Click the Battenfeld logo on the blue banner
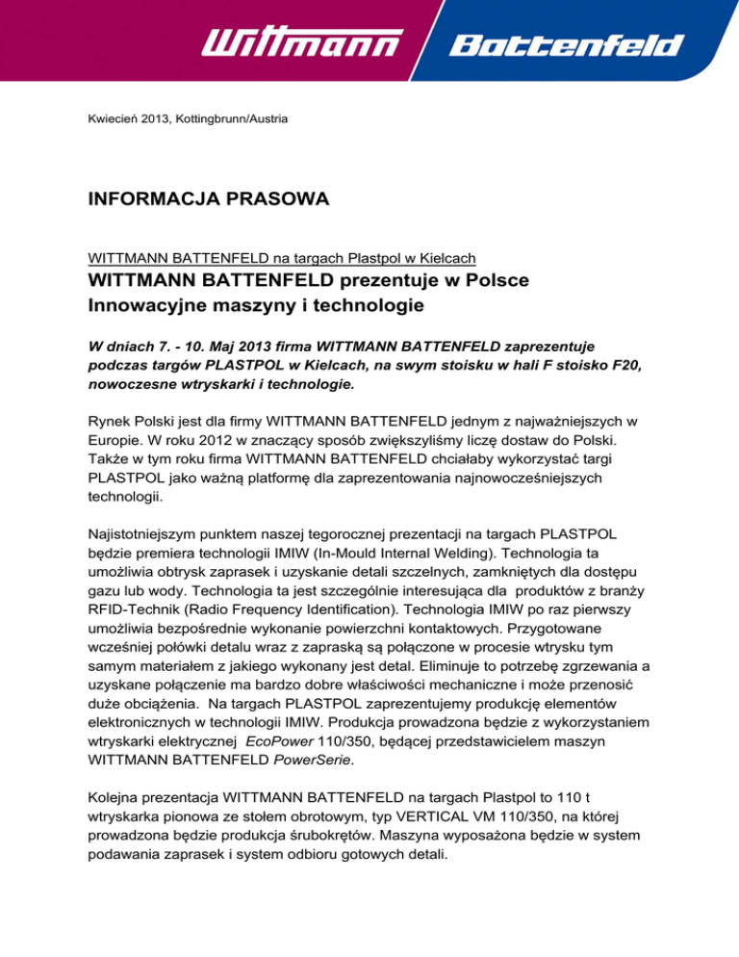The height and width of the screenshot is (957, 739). click(x=567, y=45)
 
